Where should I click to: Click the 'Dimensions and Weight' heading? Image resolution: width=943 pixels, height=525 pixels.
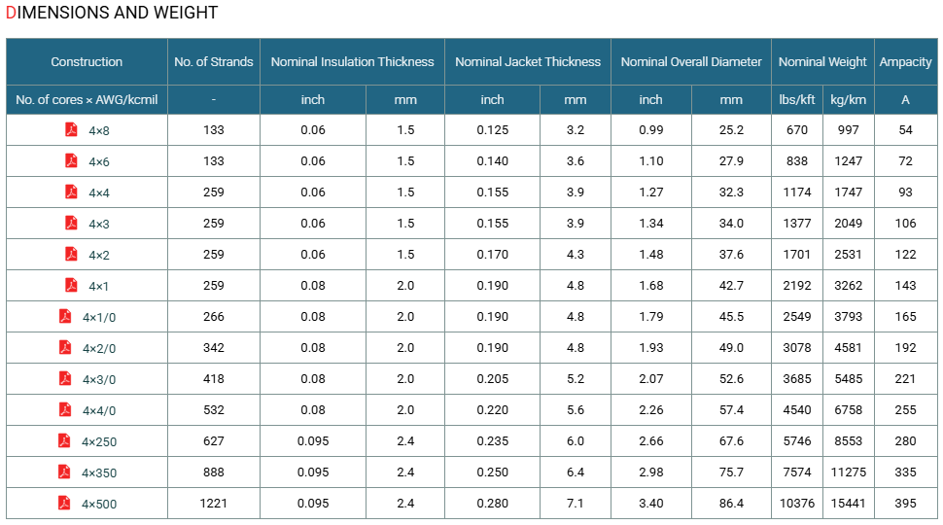coord(112,13)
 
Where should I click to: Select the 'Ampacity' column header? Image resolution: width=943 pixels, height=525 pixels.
coord(905,62)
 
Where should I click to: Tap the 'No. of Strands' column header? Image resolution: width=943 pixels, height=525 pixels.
coord(214,62)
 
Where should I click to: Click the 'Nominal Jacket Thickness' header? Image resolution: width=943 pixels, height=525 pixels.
coord(528,62)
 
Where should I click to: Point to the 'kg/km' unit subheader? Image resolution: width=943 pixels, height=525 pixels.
coord(848,100)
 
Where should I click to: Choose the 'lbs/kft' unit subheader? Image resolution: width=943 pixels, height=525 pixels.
coord(797,100)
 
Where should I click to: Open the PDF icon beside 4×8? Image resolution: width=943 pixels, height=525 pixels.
coord(71,129)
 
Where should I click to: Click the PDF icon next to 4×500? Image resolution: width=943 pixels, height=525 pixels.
coord(64,503)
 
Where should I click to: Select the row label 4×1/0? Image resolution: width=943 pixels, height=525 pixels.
coord(99,318)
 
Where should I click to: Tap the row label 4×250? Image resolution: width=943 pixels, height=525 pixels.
coord(99,442)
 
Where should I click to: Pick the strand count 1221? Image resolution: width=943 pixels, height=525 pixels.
coord(214,504)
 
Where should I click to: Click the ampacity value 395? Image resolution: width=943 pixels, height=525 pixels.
coord(905,504)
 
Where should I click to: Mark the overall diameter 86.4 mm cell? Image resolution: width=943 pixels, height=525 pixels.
coord(731,504)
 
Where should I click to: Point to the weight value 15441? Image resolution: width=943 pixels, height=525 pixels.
coord(848,504)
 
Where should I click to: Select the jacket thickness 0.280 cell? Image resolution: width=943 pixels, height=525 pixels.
coord(493,504)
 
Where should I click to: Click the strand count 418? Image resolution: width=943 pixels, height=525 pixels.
coord(214,379)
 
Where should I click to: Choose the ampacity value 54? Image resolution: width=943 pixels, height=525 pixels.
coord(905,130)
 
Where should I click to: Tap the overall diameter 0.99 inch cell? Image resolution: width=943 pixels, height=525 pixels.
coord(650,130)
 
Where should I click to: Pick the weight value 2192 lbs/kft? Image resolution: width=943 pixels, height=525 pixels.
coord(797,286)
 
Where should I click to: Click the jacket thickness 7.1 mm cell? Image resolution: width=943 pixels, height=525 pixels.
coord(575,504)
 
